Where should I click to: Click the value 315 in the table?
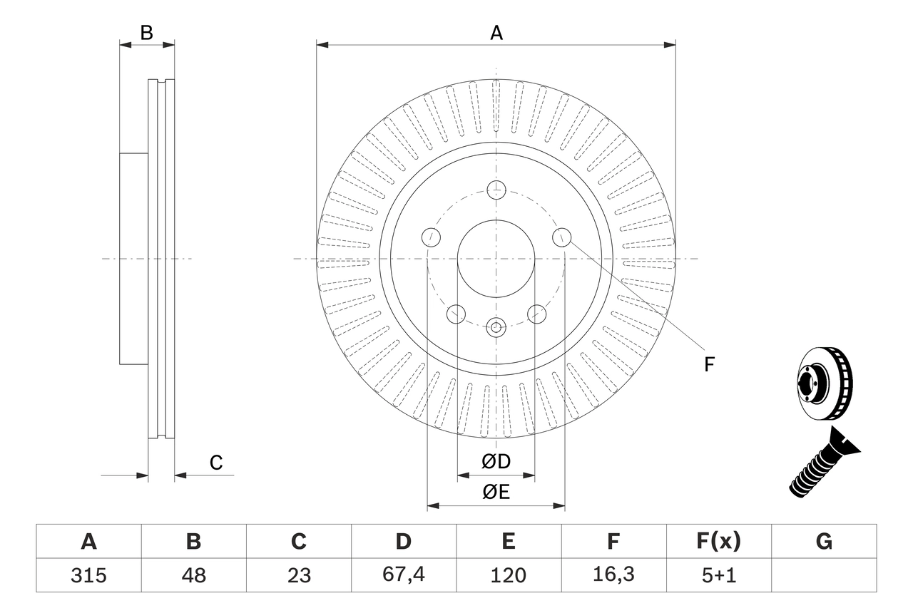(88, 575)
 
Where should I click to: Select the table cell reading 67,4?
(404, 574)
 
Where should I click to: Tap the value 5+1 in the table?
(718, 575)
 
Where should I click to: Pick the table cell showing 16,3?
(614, 574)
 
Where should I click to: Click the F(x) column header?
(718, 541)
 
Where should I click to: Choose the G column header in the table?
(824, 541)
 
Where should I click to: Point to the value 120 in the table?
(509, 575)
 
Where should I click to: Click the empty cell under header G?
(824, 574)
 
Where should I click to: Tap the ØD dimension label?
(496, 461)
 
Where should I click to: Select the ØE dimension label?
(496, 492)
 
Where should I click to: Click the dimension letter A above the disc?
(496, 33)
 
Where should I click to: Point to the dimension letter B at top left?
(147, 33)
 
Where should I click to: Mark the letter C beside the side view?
(216, 462)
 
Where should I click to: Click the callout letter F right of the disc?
(709, 364)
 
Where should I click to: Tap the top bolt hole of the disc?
(496, 190)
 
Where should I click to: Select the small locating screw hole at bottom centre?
(496, 327)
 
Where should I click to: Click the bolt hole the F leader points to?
(561, 237)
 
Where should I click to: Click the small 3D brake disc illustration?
(825, 384)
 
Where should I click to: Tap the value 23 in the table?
(299, 575)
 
